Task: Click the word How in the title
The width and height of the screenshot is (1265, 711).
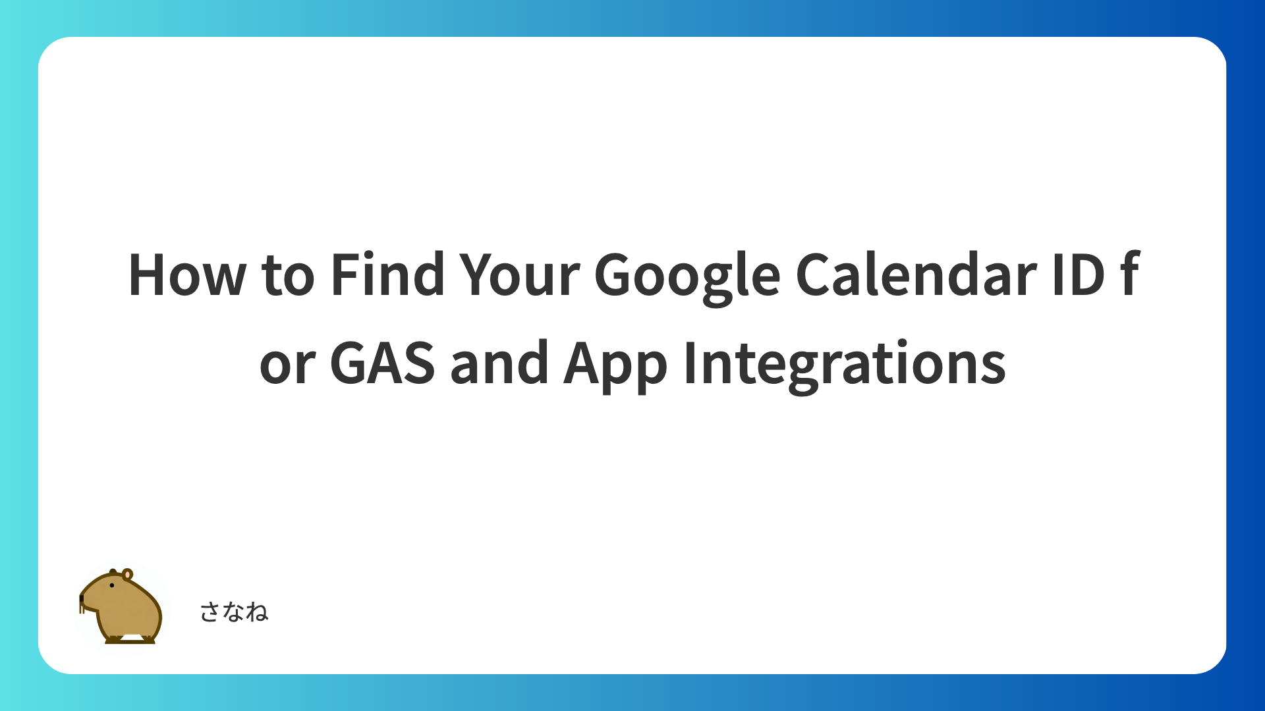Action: tap(187, 275)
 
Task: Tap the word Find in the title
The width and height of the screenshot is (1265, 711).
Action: tap(387, 273)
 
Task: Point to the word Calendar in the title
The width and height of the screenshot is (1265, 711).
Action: tap(916, 273)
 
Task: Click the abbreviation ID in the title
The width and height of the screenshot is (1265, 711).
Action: tap(1079, 275)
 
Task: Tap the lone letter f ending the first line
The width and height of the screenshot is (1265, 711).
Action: tap(1129, 273)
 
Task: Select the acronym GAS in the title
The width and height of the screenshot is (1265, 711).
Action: tap(382, 362)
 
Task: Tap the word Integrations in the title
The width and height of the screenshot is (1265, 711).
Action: tap(845, 365)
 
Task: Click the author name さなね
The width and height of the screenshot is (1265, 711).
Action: tap(234, 612)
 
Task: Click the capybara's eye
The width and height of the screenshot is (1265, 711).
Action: tap(112, 585)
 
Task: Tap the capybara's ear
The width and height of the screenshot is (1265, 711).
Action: tap(128, 574)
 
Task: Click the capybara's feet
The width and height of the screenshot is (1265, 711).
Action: tap(130, 639)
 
